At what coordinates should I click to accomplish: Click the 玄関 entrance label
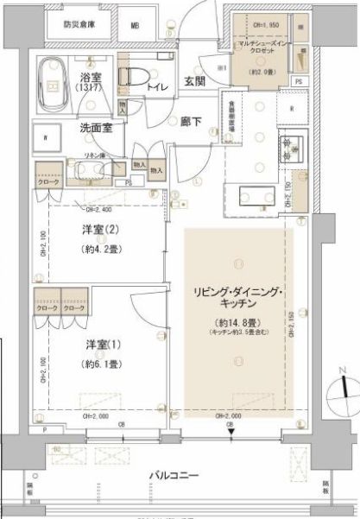(193, 82)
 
